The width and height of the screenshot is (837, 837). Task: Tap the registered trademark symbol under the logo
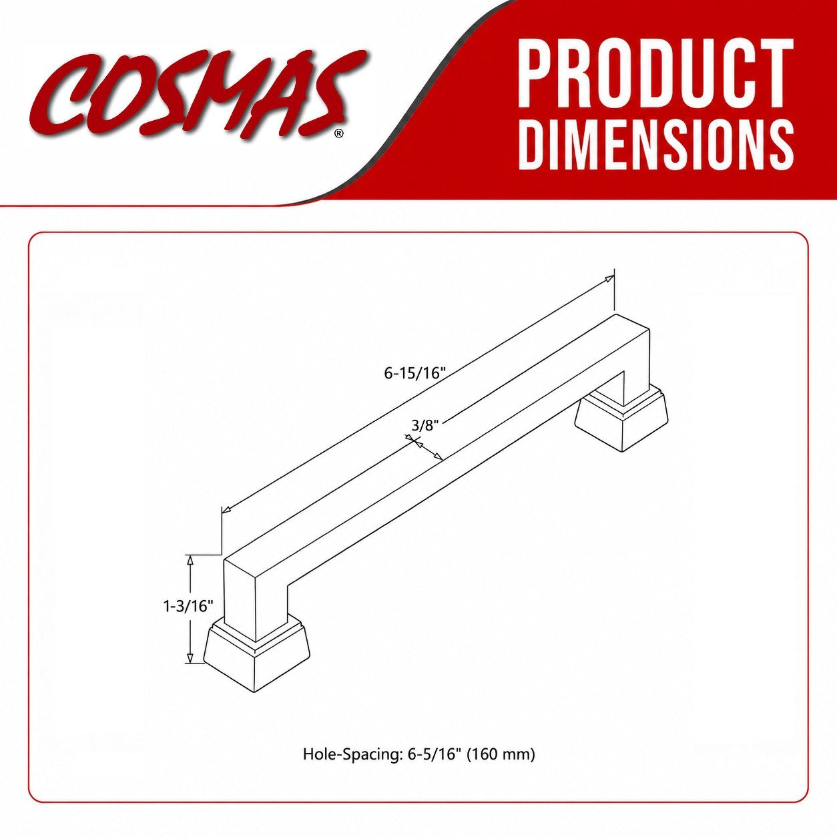tap(338, 133)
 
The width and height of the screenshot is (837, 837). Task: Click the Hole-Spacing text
tap(354, 742)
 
